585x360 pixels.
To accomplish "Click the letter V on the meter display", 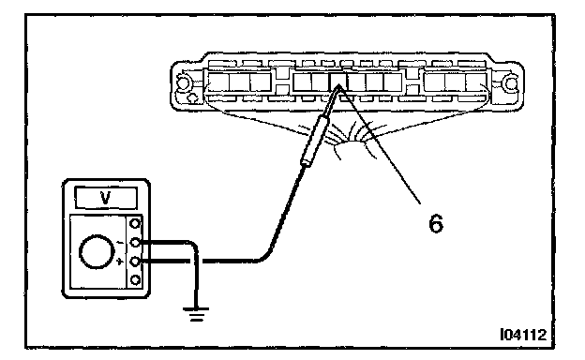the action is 106,198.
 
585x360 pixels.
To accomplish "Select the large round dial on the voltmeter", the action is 97,251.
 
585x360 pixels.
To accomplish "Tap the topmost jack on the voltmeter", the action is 135,223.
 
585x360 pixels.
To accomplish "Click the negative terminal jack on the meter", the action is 135,243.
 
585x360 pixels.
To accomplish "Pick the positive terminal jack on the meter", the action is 135,262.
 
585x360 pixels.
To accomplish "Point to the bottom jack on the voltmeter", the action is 135,279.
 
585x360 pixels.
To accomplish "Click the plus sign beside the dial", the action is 119,262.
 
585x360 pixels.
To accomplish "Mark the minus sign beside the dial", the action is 120,243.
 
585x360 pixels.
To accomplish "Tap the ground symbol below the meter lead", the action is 196,314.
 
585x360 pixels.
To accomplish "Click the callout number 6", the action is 436,223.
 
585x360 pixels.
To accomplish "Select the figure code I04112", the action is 523,335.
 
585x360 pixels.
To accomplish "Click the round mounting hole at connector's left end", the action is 183,82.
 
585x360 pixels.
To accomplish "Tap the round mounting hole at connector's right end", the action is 511,83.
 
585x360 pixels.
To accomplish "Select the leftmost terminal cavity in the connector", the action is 217,82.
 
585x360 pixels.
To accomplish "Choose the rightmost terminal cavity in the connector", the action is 476,82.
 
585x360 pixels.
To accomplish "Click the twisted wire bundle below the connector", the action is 349,140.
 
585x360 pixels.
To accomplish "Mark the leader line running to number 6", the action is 379,144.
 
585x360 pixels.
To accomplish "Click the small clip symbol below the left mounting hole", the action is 193,98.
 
